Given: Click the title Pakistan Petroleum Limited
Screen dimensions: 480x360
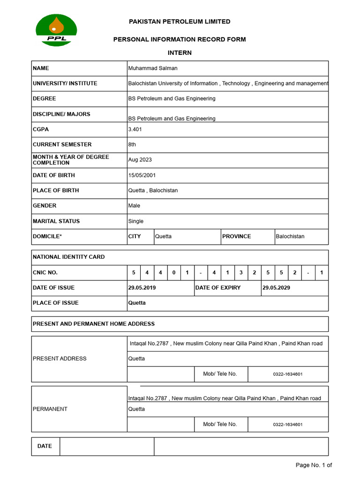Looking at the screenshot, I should coord(180,22).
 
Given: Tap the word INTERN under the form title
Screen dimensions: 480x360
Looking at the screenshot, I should coord(180,53).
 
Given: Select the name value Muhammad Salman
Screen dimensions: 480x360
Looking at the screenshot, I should coord(153,68).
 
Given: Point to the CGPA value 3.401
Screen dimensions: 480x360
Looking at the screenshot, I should coord(135,129).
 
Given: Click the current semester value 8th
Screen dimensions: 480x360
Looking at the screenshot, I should coord(132,144).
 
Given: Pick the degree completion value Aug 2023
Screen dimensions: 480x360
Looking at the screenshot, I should coord(140,160).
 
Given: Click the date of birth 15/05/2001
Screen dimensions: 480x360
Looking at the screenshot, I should coord(142,175).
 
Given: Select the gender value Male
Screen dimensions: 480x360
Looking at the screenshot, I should coord(134,206).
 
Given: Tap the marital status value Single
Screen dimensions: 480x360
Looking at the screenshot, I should coord(136,221).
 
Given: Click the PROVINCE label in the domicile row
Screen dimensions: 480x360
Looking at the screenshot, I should coord(237,236).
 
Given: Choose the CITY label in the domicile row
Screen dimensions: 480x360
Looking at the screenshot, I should coord(135,236).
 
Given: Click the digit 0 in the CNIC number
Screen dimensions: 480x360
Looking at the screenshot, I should coord(174,272).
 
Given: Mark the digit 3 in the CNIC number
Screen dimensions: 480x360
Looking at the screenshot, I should coord(241,272).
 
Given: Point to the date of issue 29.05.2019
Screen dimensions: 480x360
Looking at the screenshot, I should coord(142,288).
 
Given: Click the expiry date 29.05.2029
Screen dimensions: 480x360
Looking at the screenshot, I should coord(276,288).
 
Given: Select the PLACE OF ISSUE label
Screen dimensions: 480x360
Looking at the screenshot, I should coord(56,303).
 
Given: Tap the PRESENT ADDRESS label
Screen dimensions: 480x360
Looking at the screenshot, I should coord(60,359).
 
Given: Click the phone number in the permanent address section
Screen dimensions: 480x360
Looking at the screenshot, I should coord(288,425).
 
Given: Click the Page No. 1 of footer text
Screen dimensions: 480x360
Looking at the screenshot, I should coord(314,465).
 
